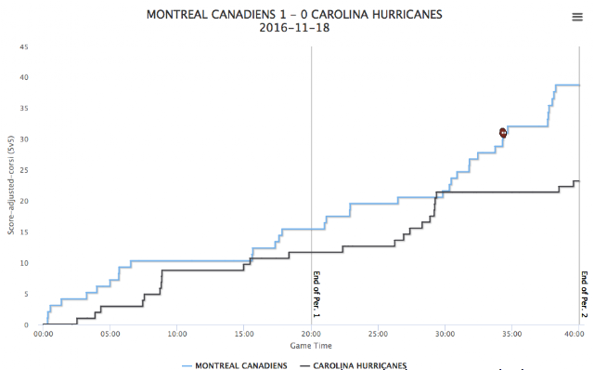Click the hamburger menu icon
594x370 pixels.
[577, 17]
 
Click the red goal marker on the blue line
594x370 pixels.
[503, 133]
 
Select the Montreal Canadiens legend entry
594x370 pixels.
[235, 365]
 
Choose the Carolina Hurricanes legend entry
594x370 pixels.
[353, 365]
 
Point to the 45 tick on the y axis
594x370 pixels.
[24, 47]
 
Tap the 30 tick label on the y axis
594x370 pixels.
[24, 139]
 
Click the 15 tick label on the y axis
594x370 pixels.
[24, 231]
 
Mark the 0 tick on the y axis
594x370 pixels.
[26, 324]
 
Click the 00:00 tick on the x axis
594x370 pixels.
[44, 334]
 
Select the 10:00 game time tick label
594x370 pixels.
[177, 334]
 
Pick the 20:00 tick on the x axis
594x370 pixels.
[311, 334]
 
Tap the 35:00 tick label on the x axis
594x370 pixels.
[511, 334]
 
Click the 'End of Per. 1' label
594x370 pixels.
[316, 295]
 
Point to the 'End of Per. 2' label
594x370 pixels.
[585, 295]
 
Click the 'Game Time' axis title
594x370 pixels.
[311, 346]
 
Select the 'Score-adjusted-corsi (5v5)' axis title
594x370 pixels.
[11, 185]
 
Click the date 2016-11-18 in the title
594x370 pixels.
[294, 28]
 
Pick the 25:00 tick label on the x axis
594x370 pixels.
[378, 334]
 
